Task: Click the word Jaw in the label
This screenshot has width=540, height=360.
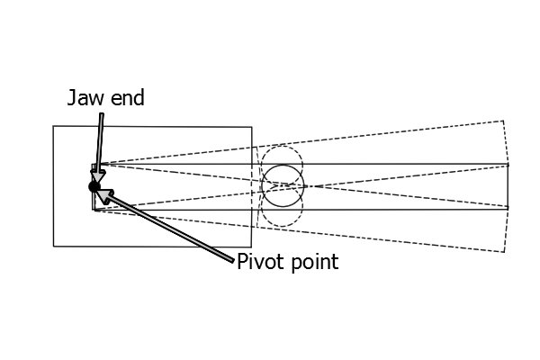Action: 85,97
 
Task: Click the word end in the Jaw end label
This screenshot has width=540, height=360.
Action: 128,97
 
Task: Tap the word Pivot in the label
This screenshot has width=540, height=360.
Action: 260,262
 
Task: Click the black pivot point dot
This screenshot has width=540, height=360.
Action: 94,186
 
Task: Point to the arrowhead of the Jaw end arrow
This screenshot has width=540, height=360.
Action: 98,176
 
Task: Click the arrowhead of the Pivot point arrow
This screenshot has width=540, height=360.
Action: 104,195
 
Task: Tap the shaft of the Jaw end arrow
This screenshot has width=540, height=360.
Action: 101,142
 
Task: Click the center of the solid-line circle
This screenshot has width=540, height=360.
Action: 283,186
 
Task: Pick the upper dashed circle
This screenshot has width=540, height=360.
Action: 282,146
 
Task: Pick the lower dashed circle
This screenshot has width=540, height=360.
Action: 282,226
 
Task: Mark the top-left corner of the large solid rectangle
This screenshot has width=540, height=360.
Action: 53,126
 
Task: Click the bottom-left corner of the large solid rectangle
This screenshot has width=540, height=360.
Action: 54,247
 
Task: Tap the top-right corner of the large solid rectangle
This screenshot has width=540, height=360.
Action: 252,127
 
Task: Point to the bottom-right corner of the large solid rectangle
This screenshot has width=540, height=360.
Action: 251,247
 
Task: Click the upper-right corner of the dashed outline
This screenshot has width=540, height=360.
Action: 503,121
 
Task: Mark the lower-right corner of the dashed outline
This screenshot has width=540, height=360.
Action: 504,252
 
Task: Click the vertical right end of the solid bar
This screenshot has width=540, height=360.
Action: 508,186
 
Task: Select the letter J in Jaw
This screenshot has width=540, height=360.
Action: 72,97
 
